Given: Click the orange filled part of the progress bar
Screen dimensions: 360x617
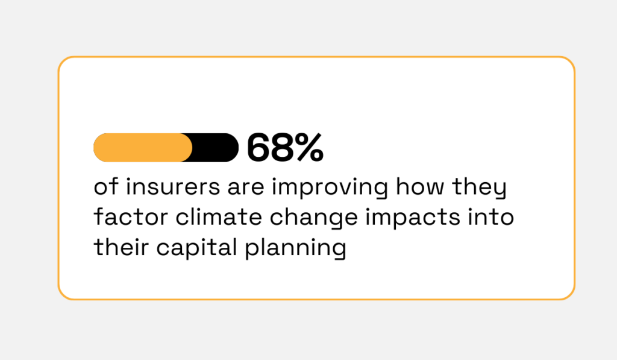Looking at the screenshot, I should (143, 148).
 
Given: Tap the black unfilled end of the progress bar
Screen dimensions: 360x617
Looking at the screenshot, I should (218, 148).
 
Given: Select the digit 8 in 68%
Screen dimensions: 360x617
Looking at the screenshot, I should (282, 148).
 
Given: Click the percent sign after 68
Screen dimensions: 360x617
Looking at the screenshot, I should (309, 148).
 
